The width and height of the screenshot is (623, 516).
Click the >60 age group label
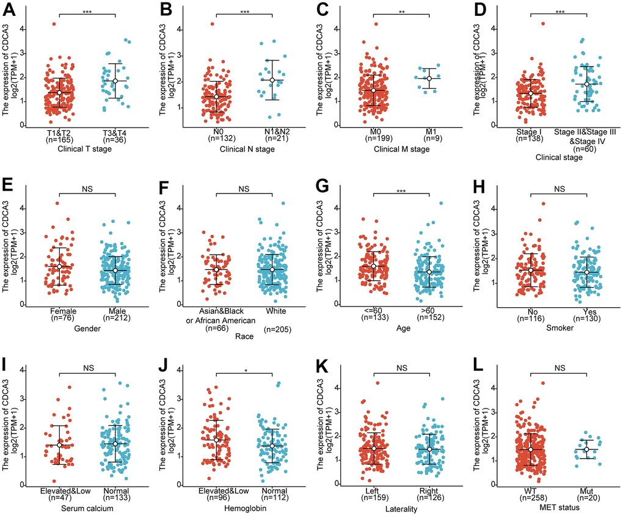pyautogui.click(x=429, y=313)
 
